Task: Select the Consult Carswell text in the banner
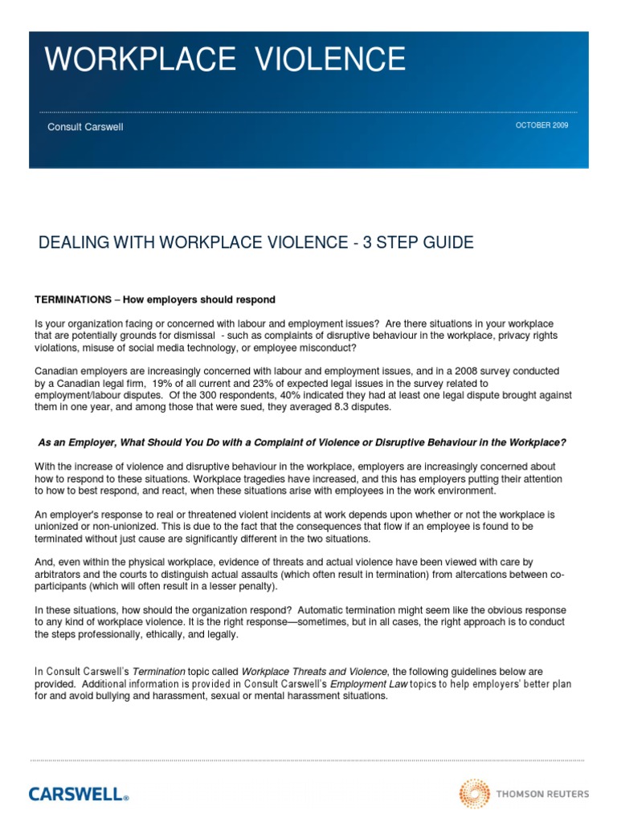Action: [x=84, y=127]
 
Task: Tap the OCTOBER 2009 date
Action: [x=541, y=126]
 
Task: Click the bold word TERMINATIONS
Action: [x=71, y=299]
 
